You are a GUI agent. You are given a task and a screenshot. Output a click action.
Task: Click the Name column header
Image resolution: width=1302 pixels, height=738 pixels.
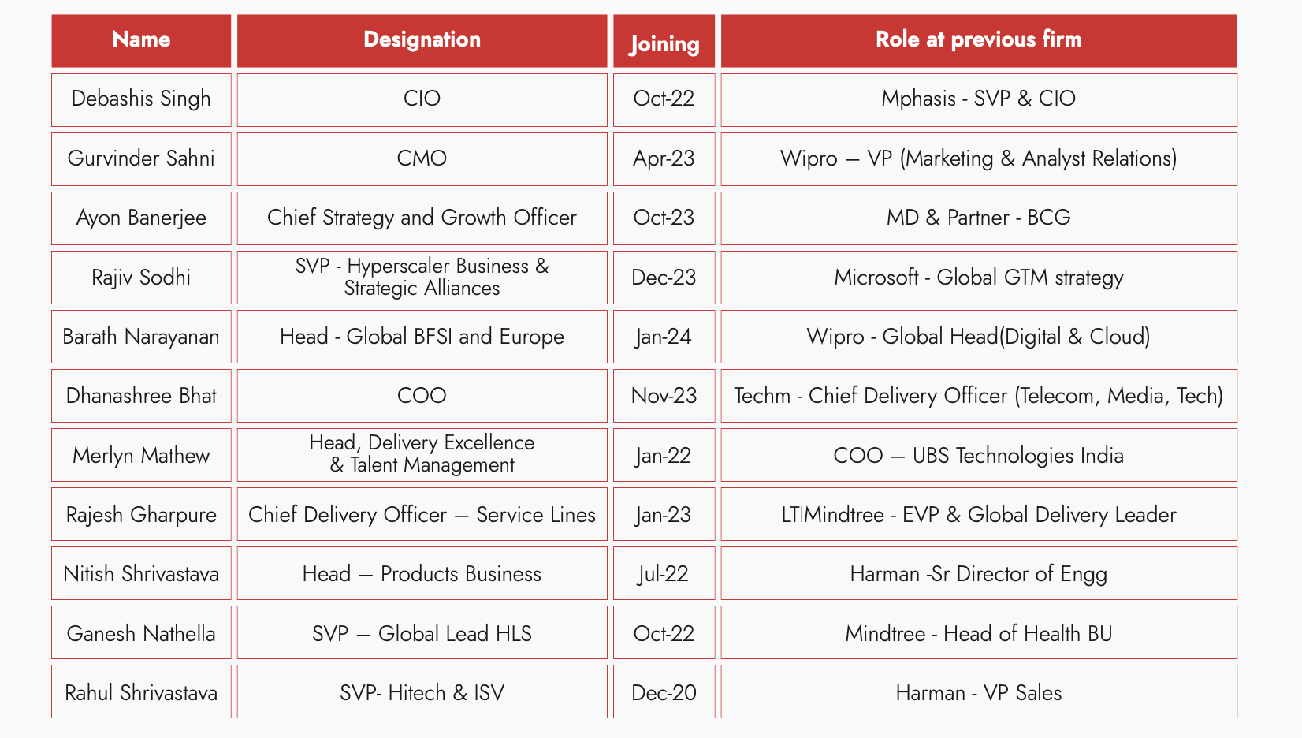click(x=141, y=39)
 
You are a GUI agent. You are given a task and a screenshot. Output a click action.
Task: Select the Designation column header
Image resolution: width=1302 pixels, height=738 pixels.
click(x=422, y=39)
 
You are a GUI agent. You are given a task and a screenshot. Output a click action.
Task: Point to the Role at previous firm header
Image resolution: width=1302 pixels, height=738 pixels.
click(x=978, y=39)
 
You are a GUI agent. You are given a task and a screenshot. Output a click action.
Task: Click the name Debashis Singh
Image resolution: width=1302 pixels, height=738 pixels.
click(x=141, y=99)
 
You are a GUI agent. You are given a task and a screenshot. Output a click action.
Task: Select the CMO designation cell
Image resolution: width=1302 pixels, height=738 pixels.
click(x=422, y=158)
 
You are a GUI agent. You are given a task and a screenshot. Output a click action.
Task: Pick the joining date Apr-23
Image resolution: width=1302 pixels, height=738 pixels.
click(x=664, y=158)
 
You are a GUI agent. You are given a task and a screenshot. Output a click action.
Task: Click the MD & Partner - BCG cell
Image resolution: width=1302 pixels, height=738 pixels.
click(x=978, y=218)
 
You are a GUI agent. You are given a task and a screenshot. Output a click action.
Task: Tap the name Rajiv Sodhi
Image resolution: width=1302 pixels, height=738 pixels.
click(x=141, y=278)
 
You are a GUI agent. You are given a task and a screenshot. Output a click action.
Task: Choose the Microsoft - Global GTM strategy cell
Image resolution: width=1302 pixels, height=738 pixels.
click(x=978, y=278)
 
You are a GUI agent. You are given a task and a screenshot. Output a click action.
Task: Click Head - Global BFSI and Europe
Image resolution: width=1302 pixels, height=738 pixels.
click(x=422, y=337)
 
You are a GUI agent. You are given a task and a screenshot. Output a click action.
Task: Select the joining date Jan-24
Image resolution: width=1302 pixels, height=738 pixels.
click(x=664, y=337)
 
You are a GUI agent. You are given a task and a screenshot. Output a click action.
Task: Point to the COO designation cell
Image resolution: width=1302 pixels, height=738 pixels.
click(x=422, y=396)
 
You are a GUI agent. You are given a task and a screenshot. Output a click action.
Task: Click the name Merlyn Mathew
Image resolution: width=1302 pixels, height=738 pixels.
click(x=141, y=456)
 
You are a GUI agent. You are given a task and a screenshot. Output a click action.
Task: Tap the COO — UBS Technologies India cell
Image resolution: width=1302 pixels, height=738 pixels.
click(x=978, y=456)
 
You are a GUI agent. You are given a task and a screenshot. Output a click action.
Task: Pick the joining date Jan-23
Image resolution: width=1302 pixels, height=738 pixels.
click(x=664, y=515)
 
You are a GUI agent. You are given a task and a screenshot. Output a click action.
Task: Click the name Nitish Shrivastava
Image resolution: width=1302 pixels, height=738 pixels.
click(x=141, y=574)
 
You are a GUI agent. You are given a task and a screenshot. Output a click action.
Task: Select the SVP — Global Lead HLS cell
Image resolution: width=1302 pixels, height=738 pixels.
click(x=422, y=634)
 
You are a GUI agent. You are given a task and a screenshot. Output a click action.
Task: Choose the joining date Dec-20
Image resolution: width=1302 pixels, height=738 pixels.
click(x=664, y=693)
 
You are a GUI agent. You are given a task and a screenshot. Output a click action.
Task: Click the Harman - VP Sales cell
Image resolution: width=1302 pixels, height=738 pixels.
click(x=978, y=693)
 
